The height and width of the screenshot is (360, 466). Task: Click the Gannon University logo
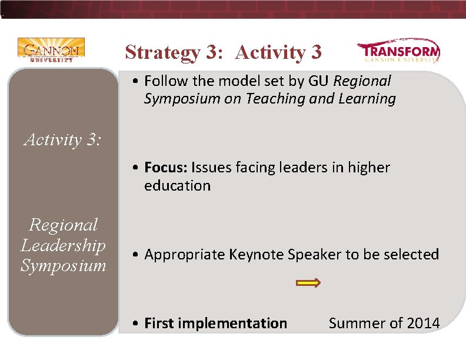(x=51, y=50)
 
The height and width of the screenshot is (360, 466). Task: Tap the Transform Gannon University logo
(x=398, y=52)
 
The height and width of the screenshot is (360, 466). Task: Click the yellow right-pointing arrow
(x=308, y=283)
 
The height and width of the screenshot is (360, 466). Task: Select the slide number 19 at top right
(x=435, y=8)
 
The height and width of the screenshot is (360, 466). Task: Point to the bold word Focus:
(x=166, y=168)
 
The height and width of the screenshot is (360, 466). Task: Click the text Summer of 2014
(x=384, y=323)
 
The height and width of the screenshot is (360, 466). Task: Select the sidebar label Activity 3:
(x=62, y=139)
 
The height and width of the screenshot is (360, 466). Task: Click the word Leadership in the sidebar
(x=63, y=245)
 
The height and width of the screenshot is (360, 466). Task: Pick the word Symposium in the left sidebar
(x=63, y=265)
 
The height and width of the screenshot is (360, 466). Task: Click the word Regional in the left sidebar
(x=63, y=225)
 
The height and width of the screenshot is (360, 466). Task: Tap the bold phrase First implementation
(x=215, y=323)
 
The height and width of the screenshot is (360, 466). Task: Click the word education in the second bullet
(x=177, y=186)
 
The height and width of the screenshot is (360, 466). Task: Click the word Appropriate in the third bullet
(x=184, y=255)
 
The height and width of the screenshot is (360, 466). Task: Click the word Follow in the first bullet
(x=164, y=81)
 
